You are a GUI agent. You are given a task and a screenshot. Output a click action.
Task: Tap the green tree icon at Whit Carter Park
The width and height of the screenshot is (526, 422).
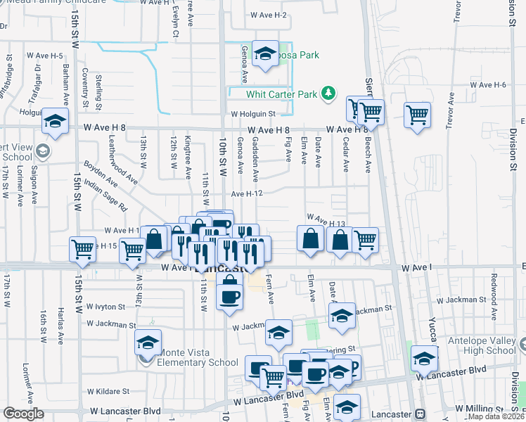pyautogui.click(x=327, y=93)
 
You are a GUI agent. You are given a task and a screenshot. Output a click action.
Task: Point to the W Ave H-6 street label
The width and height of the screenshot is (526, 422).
pyautogui.click(x=489, y=84)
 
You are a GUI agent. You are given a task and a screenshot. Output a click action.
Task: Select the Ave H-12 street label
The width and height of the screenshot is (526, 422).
pyautogui.click(x=247, y=193)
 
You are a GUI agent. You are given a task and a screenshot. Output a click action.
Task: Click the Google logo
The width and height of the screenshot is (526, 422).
pyautogui.click(x=23, y=414)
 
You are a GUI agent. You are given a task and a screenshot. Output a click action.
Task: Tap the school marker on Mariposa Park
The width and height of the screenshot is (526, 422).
pyautogui.click(x=265, y=53)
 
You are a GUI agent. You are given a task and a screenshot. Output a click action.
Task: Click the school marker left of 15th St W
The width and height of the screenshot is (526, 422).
pyautogui.click(x=55, y=122)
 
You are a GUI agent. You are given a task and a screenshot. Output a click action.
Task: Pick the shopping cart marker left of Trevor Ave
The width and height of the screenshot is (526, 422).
pyautogui.click(x=418, y=114)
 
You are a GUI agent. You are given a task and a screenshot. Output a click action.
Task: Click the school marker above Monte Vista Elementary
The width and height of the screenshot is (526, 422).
pyautogui.click(x=148, y=343)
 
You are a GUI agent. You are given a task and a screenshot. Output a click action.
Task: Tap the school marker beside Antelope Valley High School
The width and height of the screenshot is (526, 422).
pyautogui.click(x=424, y=359)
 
